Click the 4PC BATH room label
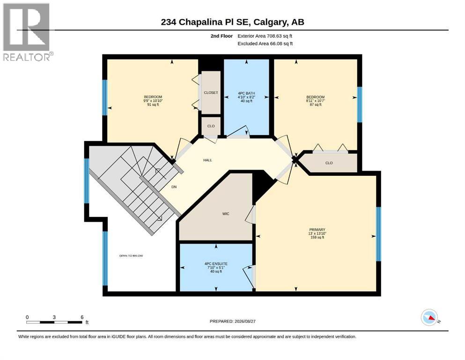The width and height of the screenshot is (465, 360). pos(246,93)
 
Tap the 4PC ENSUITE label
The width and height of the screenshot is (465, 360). pos(216,263)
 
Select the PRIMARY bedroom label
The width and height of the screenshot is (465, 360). pos(317,230)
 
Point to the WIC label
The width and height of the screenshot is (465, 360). pos(226,214)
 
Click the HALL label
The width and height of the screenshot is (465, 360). pos(207,160)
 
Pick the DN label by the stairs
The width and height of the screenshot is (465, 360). pos(174,187)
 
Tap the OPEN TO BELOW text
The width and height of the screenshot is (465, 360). pos(131,256)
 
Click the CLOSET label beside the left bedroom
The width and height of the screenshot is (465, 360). pos(211,93)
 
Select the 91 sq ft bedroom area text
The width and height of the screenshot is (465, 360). pos(153,105)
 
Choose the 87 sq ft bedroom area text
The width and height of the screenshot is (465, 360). pos(316,105)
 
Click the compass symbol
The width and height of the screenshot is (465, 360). pos(429,317)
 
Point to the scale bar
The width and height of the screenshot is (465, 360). pos(54,322)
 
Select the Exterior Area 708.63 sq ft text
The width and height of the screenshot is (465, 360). pos(265,36)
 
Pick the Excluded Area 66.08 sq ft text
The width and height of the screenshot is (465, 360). pos(265,44)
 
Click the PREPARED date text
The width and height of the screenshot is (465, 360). pos(232,321)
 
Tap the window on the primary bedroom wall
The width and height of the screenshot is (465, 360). pos(378,234)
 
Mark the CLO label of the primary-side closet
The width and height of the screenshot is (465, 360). pos(329,163)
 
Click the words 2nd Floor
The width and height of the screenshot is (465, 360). pos(221,36)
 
